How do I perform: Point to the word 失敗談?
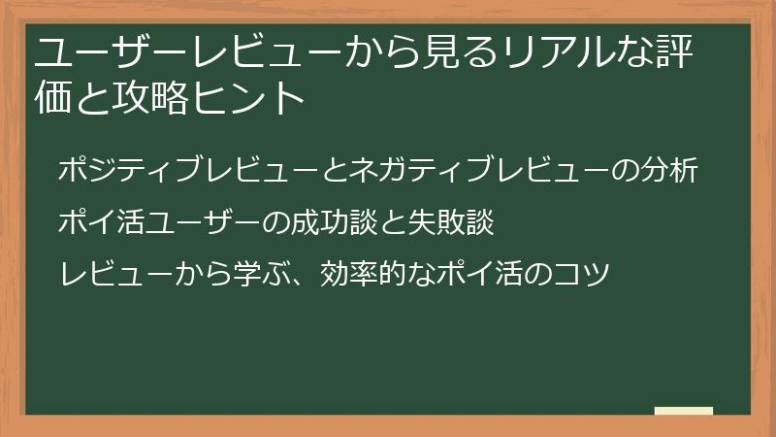click(457, 221)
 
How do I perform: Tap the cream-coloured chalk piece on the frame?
click(684, 412)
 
